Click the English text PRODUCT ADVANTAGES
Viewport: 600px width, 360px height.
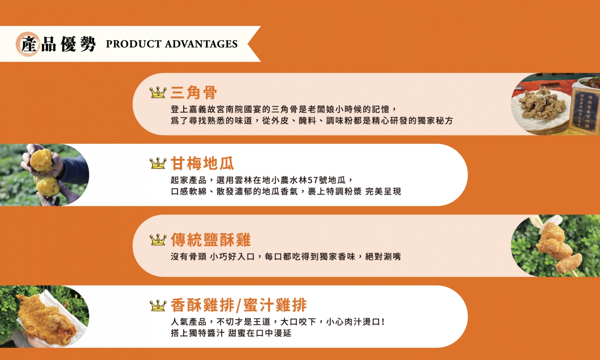(x=172, y=44)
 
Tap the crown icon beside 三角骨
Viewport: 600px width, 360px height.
(x=158, y=93)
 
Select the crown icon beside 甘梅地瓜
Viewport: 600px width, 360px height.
(x=158, y=163)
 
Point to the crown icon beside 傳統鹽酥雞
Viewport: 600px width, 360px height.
(x=158, y=240)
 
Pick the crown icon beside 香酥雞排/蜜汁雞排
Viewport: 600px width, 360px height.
(x=158, y=306)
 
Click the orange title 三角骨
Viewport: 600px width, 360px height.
(x=194, y=93)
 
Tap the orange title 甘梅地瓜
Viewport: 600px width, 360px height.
(x=202, y=163)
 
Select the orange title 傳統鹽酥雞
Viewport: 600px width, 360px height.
(x=211, y=240)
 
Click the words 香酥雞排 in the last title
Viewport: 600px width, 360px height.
(x=202, y=306)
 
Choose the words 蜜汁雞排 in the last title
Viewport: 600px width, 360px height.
(x=275, y=306)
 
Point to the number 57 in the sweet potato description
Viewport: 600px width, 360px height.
(x=313, y=180)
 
